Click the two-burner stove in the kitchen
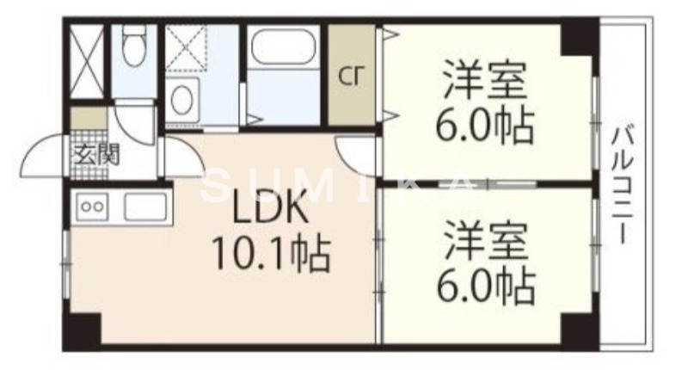92,206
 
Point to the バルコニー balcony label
623,185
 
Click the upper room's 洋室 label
484,80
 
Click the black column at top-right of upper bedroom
578,37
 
